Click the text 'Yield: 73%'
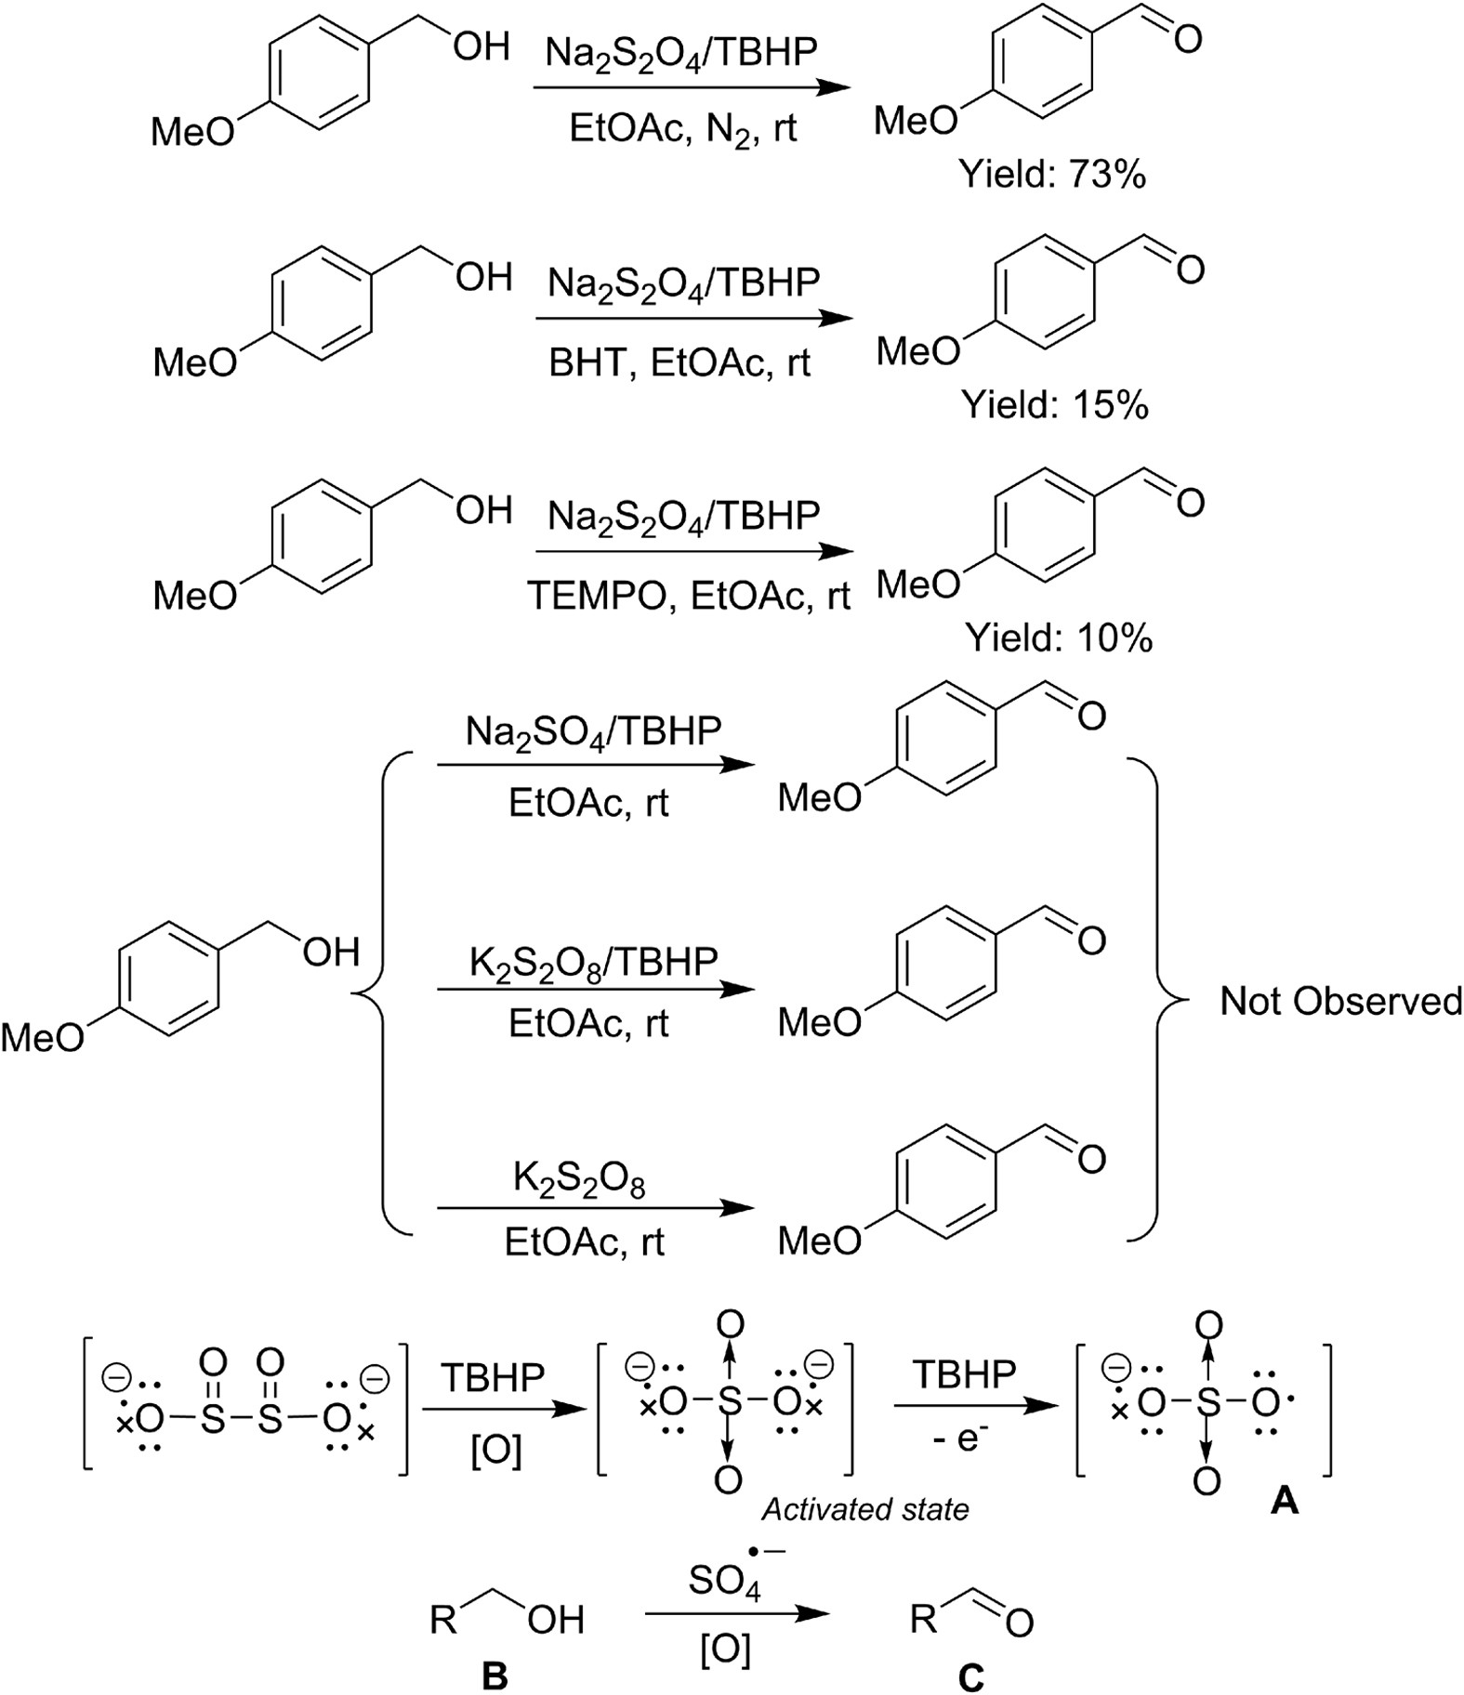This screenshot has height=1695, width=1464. [x=1053, y=174]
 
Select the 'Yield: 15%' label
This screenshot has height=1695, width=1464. [x=1055, y=405]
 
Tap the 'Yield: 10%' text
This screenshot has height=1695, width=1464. [x=1059, y=637]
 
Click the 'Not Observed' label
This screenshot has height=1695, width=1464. [x=1340, y=1001]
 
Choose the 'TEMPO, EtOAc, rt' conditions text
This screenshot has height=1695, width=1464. [x=689, y=595]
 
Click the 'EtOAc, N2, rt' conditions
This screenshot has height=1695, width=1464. [x=682, y=128]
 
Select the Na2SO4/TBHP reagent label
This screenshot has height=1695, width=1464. [x=593, y=732]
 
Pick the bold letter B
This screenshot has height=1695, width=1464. [x=495, y=1675]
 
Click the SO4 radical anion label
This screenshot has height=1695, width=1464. [x=726, y=1579]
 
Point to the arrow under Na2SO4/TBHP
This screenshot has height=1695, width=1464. [x=596, y=766]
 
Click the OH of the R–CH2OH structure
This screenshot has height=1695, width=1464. [x=556, y=1620]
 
